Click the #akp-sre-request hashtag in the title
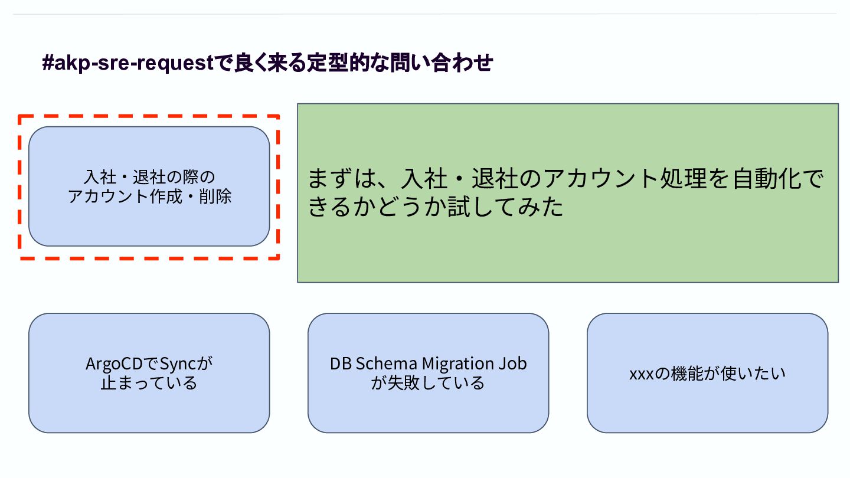click(128, 63)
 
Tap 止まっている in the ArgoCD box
click(149, 383)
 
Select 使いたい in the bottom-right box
click(753, 374)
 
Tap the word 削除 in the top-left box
click(215, 197)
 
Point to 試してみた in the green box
click(505, 207)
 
